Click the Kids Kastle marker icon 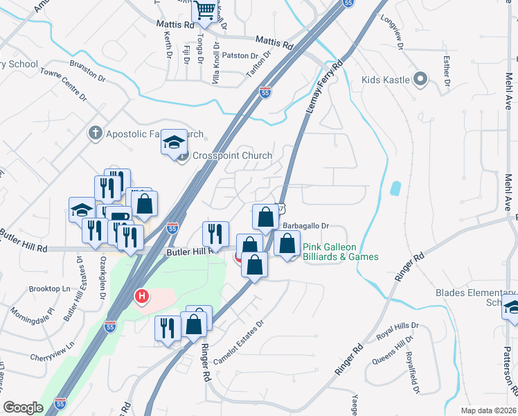[x=420, y=79]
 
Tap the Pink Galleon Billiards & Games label [x=341, y=252]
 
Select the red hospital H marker [x=142, y=297]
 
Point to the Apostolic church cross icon [x=96, y=132]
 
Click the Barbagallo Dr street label [x=305, y=225]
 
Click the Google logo [x=23, y=407]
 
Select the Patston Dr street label [x=240, y=55]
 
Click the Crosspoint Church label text [x=232, y=155]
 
